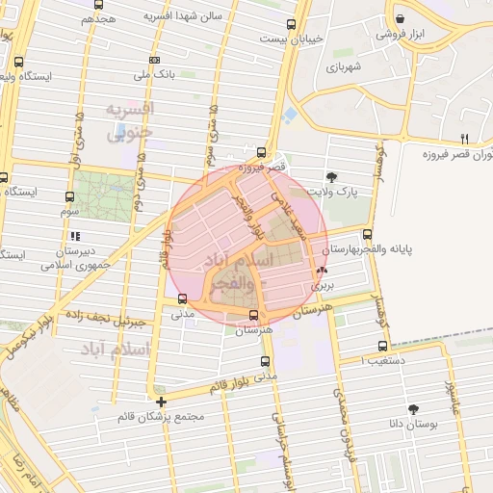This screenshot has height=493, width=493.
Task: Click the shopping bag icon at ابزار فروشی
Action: (400, 18)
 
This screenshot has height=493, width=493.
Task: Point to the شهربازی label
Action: (342, 67)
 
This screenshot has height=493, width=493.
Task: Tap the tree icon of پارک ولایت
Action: (332, 176)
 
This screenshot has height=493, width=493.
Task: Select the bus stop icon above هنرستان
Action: (255, 315)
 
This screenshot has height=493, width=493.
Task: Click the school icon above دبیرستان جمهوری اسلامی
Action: (74, 234)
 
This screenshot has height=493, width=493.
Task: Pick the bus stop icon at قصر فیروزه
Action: (262, 151)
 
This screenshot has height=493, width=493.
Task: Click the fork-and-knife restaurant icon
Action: (464, 139)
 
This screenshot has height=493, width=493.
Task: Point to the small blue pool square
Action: (290, 116)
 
